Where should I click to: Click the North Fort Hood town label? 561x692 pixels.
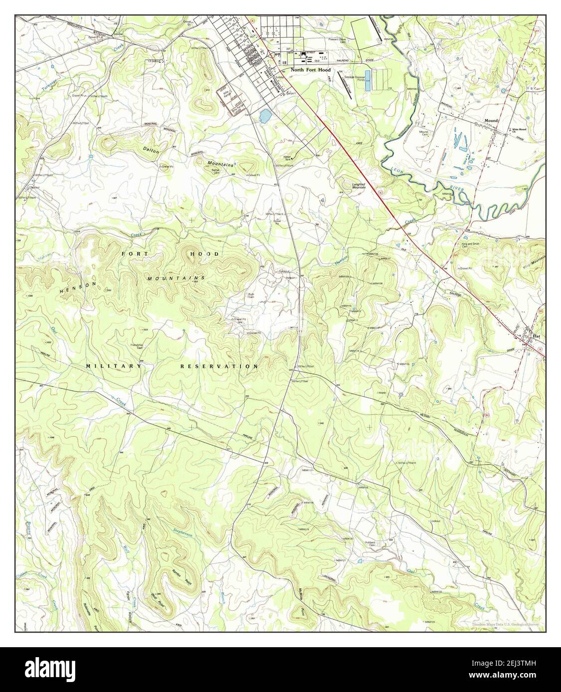(x=311, y=70)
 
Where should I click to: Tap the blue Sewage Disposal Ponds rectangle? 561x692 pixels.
(x=368, y=80)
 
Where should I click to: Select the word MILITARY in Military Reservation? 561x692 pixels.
(x=114, y=366)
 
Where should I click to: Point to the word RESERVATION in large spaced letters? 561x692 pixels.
(x=219, y=366)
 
